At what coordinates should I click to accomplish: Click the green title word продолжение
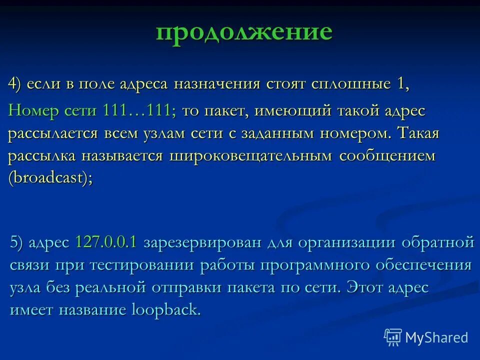(243, 32)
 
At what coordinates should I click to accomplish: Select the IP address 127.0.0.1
(106, 242)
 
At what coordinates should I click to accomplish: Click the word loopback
(165, 310)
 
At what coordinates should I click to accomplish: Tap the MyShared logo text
(436, 337)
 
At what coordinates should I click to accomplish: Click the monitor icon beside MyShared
(393, 337)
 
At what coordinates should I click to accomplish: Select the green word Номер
(30, 110)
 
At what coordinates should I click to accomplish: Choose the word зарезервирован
(202, 243)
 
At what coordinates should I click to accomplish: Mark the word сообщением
(387, 156)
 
